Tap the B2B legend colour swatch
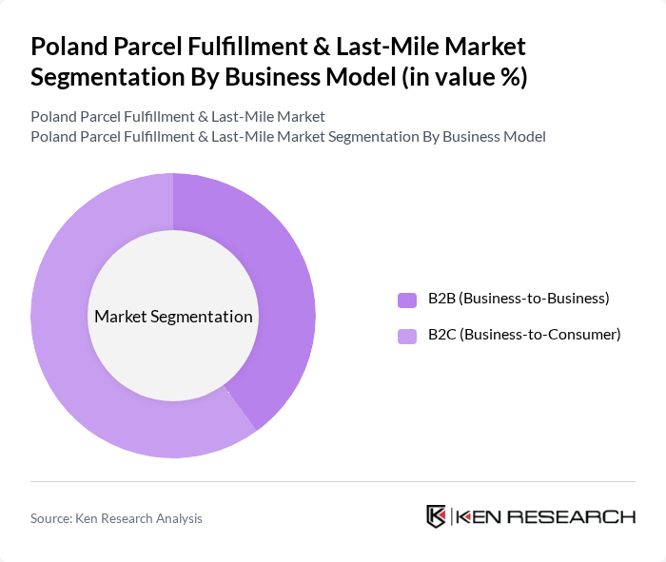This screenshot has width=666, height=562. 407,300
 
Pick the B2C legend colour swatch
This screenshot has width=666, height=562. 407,336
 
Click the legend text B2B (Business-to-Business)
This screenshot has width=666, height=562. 519,299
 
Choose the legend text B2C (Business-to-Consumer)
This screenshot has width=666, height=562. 524,335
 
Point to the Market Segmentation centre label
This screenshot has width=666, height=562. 173,317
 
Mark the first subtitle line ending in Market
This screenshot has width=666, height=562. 178,116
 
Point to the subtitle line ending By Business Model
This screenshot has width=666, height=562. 288,136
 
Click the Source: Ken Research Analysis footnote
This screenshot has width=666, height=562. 116,518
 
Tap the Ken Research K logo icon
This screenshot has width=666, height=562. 436,516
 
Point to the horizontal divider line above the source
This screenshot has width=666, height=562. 333,481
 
